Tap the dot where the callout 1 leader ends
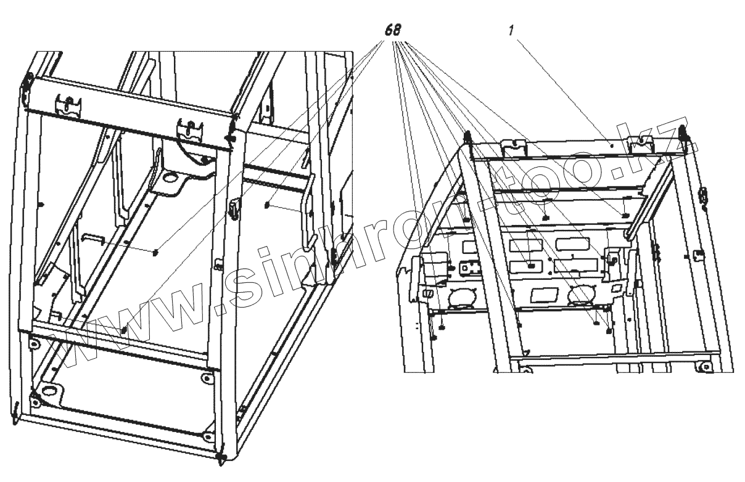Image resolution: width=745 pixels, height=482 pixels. [610, 146]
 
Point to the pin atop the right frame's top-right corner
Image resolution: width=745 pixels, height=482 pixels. [683, 131]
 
